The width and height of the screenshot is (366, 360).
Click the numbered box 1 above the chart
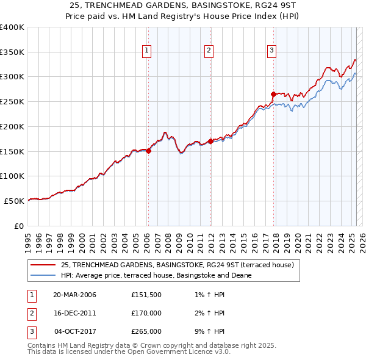(x=147, y=51)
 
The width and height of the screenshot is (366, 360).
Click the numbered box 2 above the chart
(x=209, y=51)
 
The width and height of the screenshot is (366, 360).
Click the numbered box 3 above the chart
(x=271, y=51)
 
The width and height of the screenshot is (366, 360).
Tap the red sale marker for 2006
(x=148, y=151)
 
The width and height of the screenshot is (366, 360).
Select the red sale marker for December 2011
(x=210, y=141)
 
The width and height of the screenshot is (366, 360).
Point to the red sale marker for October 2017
(x=273, y=94)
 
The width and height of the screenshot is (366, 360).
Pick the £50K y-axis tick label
(x=14, y=201)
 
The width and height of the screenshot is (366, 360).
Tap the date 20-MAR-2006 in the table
(x=74, y=295)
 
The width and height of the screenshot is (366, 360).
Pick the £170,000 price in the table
(x=146, y=313)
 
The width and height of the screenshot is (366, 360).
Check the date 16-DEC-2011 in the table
(x=74, y=313)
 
